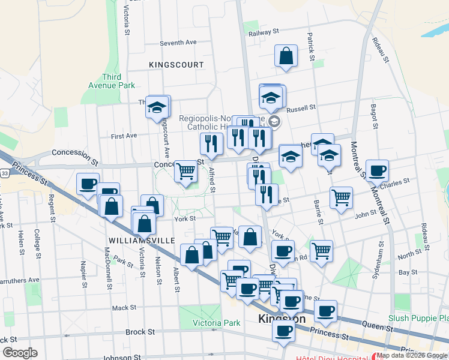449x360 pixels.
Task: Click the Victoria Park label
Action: [216, 323]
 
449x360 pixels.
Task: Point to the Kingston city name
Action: [282, 319]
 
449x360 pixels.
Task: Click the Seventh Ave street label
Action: [178, 43]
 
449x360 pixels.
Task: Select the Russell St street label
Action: [301, 109]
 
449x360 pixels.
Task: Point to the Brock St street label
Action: [140, 331]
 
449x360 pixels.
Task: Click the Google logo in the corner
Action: [20, 353]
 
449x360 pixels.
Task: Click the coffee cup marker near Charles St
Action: [377, 170]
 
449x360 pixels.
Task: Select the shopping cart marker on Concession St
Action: [185, 171]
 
